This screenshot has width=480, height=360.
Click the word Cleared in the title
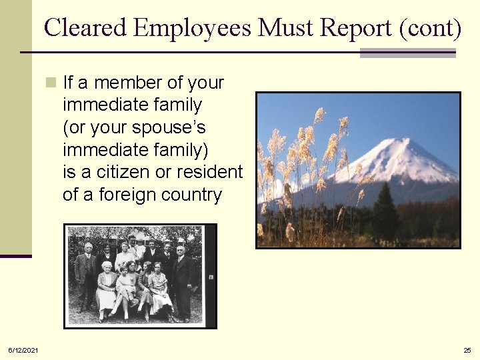point(85,27)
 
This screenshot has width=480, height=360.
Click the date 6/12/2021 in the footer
point(23,350)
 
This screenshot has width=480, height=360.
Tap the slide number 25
point(467,350)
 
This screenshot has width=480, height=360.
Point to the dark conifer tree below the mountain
point(385,213)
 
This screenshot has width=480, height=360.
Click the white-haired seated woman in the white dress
point(105,287)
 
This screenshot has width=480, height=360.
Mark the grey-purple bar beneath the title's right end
point(407,53)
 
